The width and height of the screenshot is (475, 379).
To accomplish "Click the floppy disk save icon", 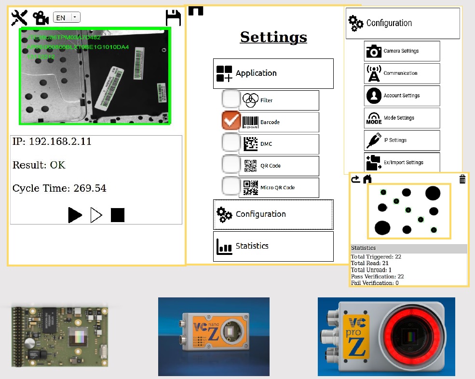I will [173, 18].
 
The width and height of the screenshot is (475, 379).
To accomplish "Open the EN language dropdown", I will [67, 17].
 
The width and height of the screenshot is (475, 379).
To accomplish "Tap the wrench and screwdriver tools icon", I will [19, 18].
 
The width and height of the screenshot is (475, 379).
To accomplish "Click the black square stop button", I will [118, 215].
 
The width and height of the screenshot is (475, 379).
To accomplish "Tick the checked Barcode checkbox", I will [231, 121].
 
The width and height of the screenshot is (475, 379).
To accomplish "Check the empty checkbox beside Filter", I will [231, 99].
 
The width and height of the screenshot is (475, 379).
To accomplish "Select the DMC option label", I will [266, 144].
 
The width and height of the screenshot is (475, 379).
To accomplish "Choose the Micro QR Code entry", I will [277, 187].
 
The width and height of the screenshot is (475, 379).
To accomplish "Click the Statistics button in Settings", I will [273, 246].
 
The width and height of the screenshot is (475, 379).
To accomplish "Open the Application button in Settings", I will [273, 73].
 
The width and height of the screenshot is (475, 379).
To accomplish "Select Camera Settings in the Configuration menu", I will [402, 51].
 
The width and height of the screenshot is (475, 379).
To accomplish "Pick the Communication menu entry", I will [402, 73].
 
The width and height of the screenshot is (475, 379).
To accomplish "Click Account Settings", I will [402, 96].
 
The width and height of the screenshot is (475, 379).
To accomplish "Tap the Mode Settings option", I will [402, 118].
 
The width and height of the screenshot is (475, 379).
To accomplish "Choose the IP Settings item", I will [402, 140].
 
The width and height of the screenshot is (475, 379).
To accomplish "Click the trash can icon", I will [462, 180].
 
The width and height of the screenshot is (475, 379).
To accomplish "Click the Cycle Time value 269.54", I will [90, 188].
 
